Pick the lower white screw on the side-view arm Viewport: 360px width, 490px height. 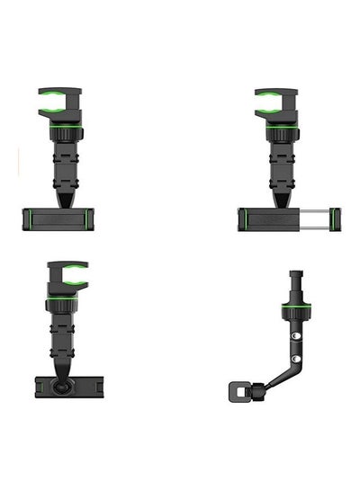click(295, 349)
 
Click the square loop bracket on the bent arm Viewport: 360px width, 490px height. click(238, 392)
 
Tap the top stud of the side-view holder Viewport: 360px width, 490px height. click(294, 275)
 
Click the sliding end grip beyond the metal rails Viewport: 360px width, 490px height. click(335, 218)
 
